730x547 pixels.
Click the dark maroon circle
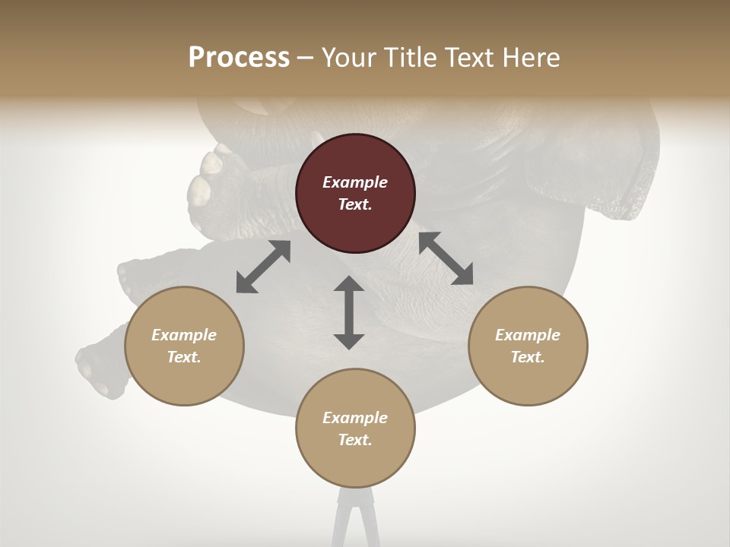coord(355,193)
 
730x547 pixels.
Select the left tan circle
coord(184,346)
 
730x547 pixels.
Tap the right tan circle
coord(528,346)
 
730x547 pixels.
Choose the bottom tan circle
coord(355,428)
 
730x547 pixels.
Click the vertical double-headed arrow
coord(349,312)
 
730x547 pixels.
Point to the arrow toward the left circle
coord(263,267)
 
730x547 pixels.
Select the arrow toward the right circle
coord(446,258)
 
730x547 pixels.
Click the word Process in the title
coord(239,57)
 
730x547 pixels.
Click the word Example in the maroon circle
coord(355,182)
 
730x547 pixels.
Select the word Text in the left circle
coord(184,357)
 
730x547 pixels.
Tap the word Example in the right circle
coord(528,335)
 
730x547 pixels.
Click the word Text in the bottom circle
coord(355,440)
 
